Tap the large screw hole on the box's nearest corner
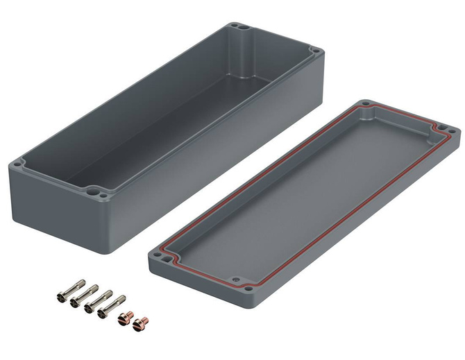(x=92, y=188)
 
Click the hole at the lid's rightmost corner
(x=451, y=129)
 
